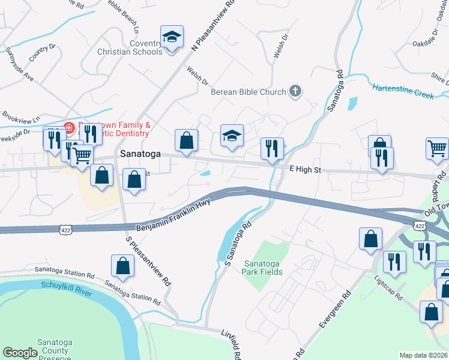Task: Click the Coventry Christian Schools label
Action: point(130,47)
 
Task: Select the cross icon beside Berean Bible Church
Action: point(294,91)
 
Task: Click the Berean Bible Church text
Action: point(248,92)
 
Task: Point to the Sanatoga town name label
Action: point(140,154)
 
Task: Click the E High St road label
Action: point(306,170)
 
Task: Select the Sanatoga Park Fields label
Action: point(262,268)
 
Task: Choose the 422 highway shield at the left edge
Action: point(67,229)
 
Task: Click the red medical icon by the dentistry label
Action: point(68,127)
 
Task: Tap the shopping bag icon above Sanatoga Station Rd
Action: point(122,266)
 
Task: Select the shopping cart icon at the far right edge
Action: point(437,148)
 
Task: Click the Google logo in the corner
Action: point(20,353)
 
